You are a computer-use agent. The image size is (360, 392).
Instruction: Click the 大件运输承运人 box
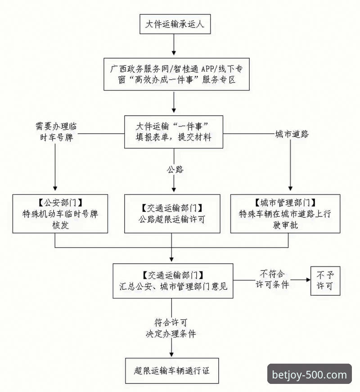pos(173,24)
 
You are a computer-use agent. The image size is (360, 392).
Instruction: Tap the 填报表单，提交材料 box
pos(173,132)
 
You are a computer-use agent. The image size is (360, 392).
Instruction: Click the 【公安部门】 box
pos(60,214)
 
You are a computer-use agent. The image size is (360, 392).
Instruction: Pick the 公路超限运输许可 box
pos(172,214)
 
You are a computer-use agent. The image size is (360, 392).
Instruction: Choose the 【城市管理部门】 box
pos(285,214)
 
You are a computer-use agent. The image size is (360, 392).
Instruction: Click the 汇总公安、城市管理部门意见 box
pos(173,281)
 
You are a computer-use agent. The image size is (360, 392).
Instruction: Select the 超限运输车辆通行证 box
pos(172,371)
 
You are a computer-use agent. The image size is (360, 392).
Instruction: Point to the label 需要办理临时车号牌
pos(55,132)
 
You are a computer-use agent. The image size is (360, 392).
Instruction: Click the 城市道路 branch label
pos(292,134)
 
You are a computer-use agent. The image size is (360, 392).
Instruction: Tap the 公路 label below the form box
pos(175,170)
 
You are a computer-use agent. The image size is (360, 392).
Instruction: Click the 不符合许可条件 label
pos(272,279)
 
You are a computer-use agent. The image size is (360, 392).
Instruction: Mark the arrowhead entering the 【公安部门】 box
pos(55,190)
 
